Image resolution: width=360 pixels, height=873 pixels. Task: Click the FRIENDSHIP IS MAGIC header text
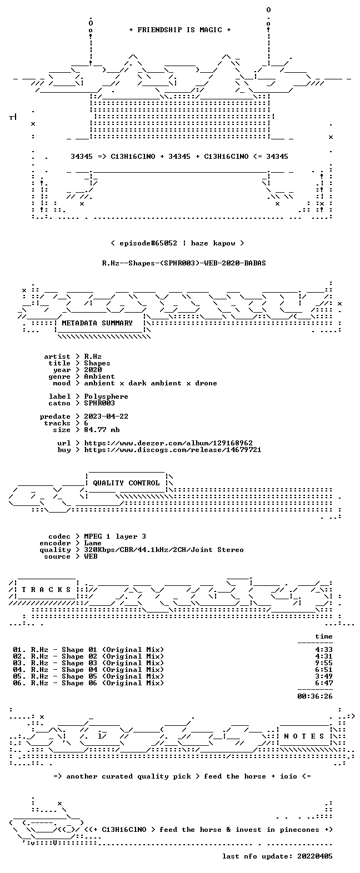(180, 30)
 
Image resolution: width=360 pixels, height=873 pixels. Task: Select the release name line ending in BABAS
(184, 263)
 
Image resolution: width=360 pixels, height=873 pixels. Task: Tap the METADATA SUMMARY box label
(97, 323)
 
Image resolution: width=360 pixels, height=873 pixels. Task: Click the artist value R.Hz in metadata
(93, 357)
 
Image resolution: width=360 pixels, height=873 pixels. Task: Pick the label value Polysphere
(106, 397)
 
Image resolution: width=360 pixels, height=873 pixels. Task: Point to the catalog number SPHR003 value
(99, 403)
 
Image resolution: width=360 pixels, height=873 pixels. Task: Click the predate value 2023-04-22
(106, 417)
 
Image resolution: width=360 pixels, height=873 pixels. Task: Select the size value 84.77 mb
(102, 430)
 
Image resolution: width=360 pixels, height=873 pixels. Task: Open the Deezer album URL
(168, 443)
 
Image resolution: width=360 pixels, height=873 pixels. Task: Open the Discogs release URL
(173, 450)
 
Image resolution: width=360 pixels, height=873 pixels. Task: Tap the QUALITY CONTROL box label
(126, 483)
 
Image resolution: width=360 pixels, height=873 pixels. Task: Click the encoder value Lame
(93, 543)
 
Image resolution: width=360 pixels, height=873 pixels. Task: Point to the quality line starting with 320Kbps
(164, 550)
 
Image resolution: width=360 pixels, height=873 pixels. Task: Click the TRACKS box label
(46, 590)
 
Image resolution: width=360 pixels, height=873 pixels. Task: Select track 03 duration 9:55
(324, 663)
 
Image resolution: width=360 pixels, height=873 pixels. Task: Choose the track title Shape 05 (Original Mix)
(113, 676)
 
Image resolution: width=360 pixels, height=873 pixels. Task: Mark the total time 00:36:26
(315, 696)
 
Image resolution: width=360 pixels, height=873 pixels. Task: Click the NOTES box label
(304, 736)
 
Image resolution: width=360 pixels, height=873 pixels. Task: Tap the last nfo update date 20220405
(315, 856)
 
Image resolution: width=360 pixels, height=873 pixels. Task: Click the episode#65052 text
(148, 243)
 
